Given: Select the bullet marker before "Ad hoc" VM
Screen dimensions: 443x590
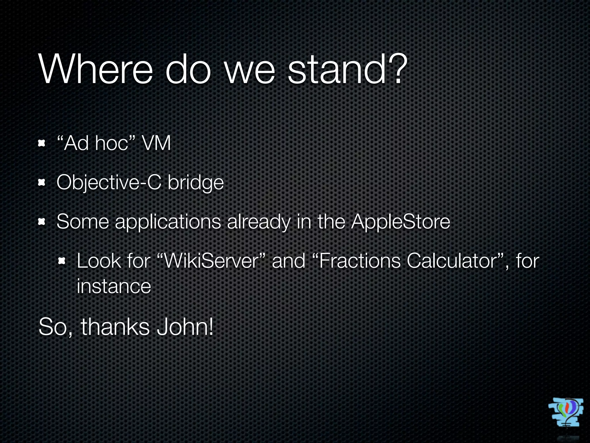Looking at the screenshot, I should point(42,143).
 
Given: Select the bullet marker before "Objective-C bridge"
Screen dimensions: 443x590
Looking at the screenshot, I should point(42,182).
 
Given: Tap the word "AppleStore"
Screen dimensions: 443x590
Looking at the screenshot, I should point(400,222).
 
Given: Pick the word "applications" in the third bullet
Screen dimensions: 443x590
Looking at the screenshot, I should point(168,222).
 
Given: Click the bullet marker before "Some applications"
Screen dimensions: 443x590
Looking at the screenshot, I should point(42,221).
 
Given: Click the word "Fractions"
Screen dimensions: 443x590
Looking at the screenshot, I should point(360,261).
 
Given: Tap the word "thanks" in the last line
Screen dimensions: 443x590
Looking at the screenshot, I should point(115,327).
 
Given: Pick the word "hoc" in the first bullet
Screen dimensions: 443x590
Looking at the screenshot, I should point(111,143).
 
